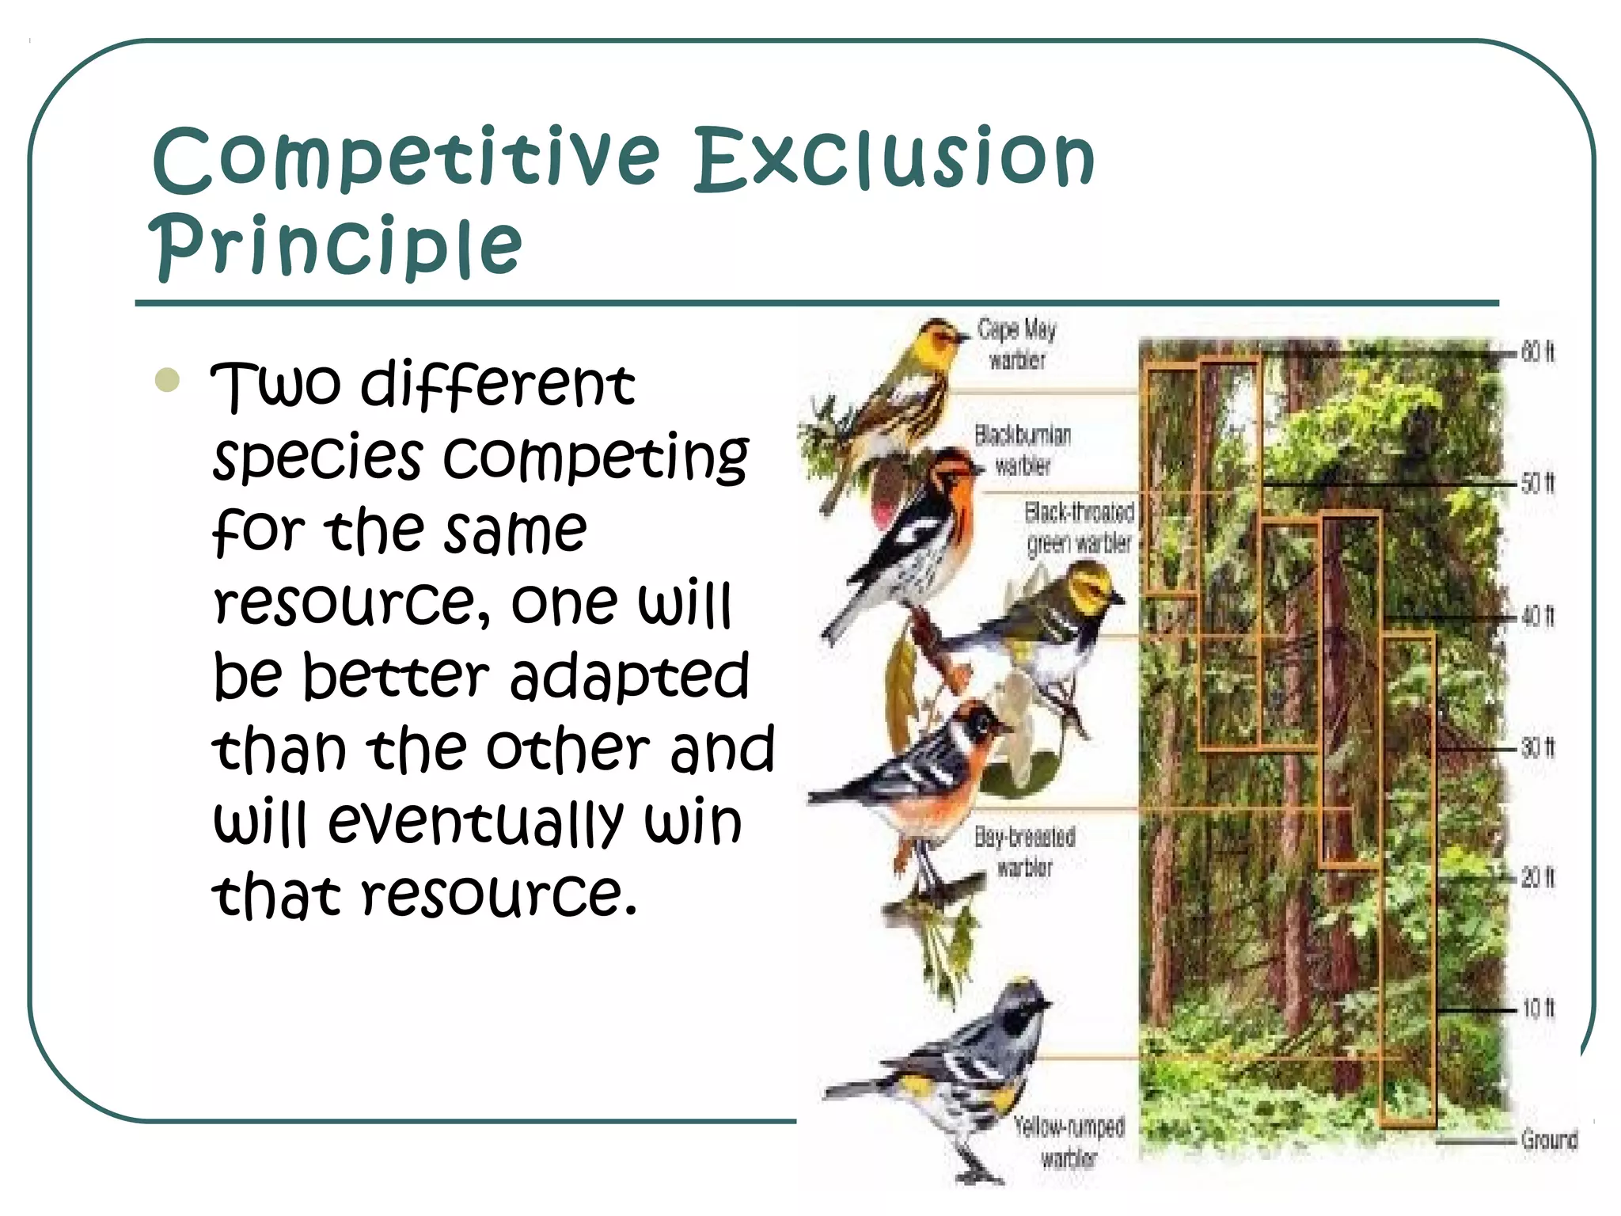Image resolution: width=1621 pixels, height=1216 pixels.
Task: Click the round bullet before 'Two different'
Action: [x=168, y=381]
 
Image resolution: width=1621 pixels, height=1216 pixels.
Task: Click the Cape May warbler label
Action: [x=1017, y=344]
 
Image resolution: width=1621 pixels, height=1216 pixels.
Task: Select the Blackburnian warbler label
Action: [x=1023, y=450]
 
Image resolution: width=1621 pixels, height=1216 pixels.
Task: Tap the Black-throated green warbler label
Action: [x=1079, y=527]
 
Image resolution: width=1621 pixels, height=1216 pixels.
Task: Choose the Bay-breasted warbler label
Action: [x=1025, y=851]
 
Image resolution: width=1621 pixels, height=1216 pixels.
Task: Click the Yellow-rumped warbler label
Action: [x=1069, y=1142]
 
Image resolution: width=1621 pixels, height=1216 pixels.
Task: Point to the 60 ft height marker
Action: [x=1538, y=351]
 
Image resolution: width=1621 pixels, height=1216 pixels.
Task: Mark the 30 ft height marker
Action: [x=1538, y=747]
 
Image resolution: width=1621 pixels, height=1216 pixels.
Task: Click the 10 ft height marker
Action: [x=1538, y=1008]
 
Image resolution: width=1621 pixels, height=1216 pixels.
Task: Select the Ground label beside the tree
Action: [x=1549, y=1139]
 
